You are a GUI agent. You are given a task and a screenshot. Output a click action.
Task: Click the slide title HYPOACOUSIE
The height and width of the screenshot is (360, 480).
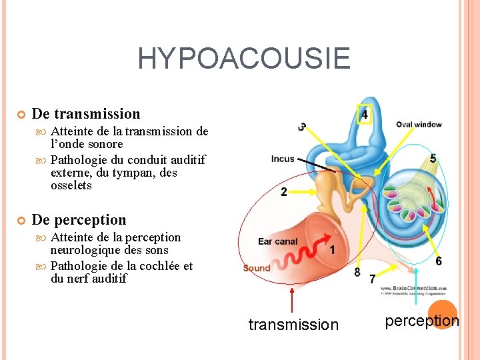(243, 59)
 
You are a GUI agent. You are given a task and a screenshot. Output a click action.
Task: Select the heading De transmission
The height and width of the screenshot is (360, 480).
(86, 114)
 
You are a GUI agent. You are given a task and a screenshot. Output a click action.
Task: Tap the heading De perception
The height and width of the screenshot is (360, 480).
(79, 219)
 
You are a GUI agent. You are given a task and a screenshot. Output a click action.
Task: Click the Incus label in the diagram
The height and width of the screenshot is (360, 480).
(283, 159)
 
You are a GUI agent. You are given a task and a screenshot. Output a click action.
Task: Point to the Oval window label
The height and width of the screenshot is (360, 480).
(419, 125)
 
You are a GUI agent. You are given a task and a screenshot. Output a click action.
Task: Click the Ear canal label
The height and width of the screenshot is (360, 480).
(278, 241)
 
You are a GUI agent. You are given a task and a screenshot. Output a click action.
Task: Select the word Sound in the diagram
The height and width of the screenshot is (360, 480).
(257, 268)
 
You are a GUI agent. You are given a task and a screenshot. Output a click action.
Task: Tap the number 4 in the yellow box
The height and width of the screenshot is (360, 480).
(364, 115)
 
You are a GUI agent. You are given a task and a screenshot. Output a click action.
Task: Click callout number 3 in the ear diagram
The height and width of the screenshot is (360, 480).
(303, 127)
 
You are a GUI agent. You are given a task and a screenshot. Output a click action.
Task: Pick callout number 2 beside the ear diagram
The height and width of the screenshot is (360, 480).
(284, 192)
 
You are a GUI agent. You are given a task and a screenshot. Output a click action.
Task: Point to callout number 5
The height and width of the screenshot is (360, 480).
(433, 159)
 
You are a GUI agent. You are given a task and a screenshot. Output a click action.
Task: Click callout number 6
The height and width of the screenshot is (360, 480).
(438, 261)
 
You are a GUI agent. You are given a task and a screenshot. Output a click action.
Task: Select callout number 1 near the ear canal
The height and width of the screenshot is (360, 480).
(332, 250)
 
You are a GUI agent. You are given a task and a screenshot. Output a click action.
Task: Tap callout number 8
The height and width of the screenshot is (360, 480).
(357, 272)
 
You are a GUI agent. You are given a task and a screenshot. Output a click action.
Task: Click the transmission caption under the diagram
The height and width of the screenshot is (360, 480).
(293, 325)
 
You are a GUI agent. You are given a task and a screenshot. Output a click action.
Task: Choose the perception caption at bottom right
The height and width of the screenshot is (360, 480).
(423, 321)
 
